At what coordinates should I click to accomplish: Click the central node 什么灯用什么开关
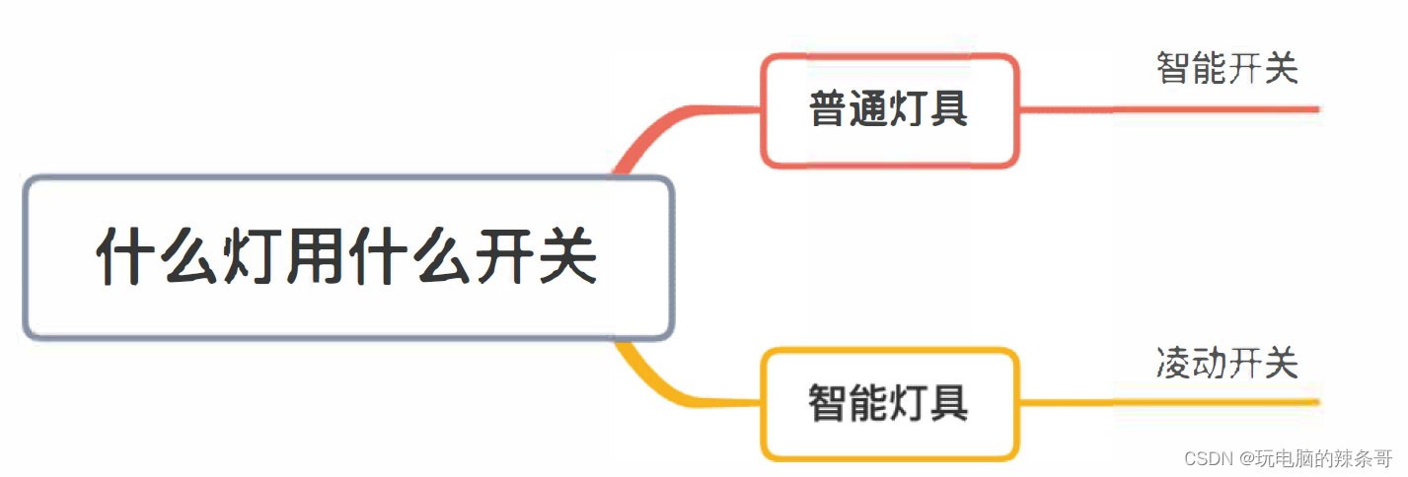point(347,258)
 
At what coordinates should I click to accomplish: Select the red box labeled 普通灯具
point(889,109)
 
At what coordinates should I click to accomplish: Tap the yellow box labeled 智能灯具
point(889,403)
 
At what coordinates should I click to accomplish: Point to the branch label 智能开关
point(1226,68)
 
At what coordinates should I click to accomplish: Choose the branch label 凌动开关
point(1226,363)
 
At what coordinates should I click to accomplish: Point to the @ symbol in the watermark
point(1246,458)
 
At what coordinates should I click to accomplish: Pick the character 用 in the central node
point(314,258)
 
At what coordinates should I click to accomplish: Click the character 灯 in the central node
point(251,258)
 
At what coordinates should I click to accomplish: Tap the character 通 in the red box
point(869,109)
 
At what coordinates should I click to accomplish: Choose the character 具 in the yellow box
point(949,403)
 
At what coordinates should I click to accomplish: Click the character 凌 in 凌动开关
point(1174,363)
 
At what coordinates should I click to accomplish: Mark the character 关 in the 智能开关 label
point(1281,68)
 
